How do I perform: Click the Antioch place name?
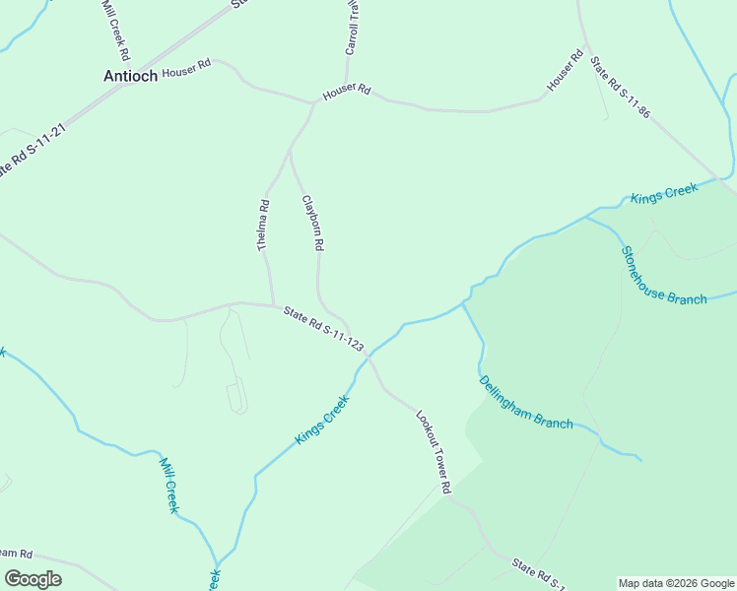[x=130, y=76]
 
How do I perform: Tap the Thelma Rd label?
[x=264, y=225]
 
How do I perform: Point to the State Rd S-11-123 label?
[x=323, y=328]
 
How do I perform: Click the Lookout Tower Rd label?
[x=433, y=451]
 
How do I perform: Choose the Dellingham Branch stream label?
[x=525, y=402]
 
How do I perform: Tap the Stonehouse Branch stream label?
[x=663, y=275]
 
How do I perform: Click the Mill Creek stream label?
[x=169, y=483]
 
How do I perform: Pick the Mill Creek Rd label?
[x=115, y=24]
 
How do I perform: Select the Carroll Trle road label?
[x=351, y=28]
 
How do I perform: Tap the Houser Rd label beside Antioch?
[x=186, y=71]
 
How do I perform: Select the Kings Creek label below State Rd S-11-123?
[x=322, y=419]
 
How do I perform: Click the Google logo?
[x=33, y=578]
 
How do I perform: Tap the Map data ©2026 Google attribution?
[x=676, y=583]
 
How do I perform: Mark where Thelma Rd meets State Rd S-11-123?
[x=273, y=305]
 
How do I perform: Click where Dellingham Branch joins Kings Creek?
[x=463, y=302]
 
